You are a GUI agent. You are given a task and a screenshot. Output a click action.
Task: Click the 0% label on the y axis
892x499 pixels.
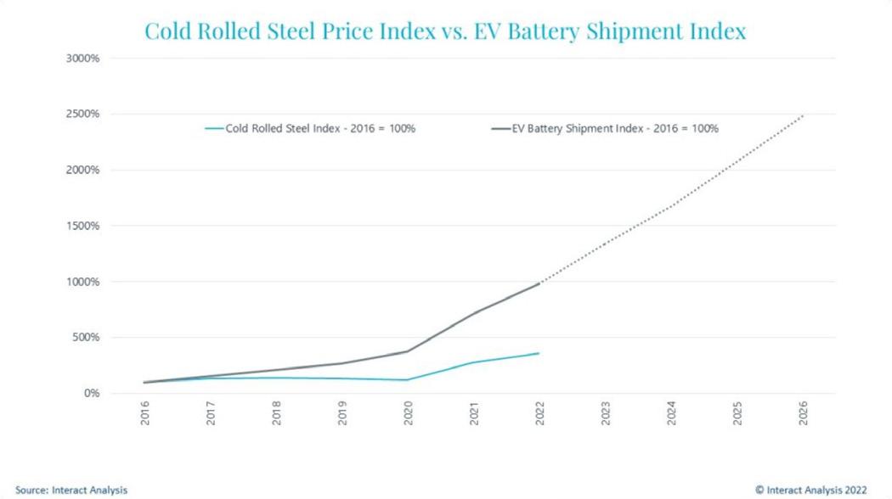pyautogui.click(x=92, y=393)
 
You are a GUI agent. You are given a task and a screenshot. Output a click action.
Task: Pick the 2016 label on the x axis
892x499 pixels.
pyautogui.click(x=145, y=413)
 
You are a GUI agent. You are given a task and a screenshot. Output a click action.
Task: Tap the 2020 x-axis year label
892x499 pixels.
pyautogui.click(x=408, y=413)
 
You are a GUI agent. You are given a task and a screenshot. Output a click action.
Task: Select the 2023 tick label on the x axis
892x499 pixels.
pyautogui.click(x=605, y=413)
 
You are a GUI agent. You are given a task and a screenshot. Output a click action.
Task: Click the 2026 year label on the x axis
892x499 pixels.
pyautogui.click(x=802, y=413)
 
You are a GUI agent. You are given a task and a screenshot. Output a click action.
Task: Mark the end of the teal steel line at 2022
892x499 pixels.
pyautogui.click(x=539, y=353)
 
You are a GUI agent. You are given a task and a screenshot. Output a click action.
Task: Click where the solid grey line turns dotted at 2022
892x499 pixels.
pyautogui.click(x=539, y=283)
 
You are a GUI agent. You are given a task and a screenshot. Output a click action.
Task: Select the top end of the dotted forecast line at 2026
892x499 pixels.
pyautogui.click(x=802, y=115)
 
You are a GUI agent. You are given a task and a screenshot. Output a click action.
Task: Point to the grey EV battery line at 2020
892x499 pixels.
pyautogui.click(x=408, y=351)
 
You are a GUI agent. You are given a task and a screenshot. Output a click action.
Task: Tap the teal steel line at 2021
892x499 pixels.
pyautogui.click(x=473, y=363)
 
